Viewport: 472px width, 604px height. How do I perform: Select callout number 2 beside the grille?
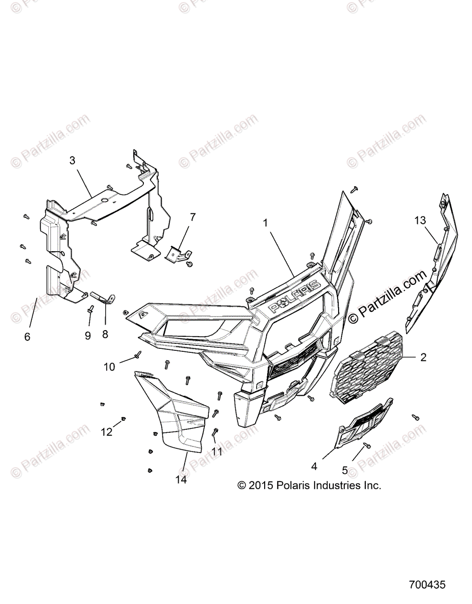pos(423,357)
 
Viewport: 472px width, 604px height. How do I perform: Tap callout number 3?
pos(72,161)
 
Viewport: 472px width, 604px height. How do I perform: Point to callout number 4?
pos(314,467)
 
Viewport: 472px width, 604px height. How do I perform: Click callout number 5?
pos(345,470)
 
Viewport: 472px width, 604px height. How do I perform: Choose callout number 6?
pos(27,337)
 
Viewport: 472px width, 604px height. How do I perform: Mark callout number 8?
pos(105,334)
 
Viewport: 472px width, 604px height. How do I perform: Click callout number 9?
pos(88,335)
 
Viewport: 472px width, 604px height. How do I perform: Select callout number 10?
pos(110,367)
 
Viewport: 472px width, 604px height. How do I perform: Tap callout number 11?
pos(217,452)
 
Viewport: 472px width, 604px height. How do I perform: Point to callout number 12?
pos(107,431)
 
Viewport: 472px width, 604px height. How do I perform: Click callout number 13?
pos(420,220)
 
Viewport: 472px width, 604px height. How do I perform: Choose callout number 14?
pos(181,480)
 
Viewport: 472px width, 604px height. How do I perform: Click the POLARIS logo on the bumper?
pos(295,296)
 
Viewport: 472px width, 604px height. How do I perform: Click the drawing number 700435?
pos(427,585)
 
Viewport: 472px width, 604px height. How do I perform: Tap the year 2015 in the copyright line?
pos(261,486)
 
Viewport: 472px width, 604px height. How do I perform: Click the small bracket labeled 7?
pos(177,254)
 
